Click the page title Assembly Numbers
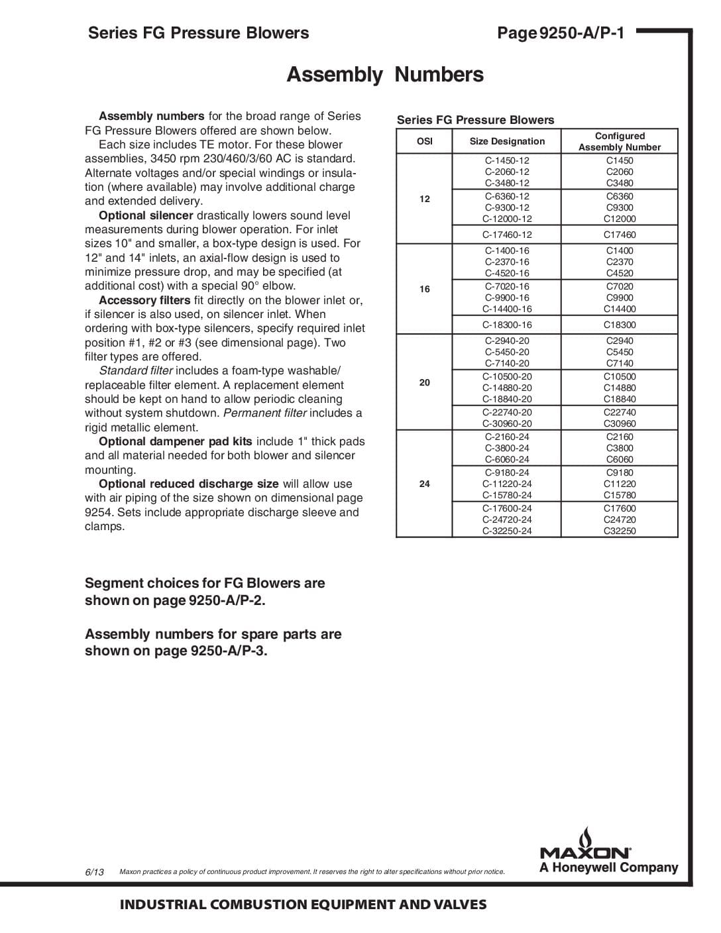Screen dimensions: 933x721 point(384,74)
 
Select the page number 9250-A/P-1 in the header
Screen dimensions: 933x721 point(581,33)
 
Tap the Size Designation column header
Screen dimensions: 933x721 point(507,141)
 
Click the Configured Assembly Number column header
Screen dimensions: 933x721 point(620,141)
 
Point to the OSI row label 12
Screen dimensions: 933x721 point(425,199)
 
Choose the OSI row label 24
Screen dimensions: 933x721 point(425,484)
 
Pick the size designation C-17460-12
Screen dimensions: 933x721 point(507,235)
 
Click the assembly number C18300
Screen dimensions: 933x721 point(620,325)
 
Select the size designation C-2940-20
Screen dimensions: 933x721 point(507,341)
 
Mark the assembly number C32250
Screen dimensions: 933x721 point(620,531)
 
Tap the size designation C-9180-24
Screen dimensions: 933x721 point(507,472)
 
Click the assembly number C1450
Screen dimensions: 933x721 point(620,160)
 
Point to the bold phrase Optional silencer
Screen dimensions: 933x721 point(146,215)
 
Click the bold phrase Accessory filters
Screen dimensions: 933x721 point(144,300)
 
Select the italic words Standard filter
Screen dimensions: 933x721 point(136,370)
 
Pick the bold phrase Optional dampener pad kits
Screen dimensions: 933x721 point(176,441)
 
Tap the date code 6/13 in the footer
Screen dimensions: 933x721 point(95,872)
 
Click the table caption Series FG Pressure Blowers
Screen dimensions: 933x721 point(475,120)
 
